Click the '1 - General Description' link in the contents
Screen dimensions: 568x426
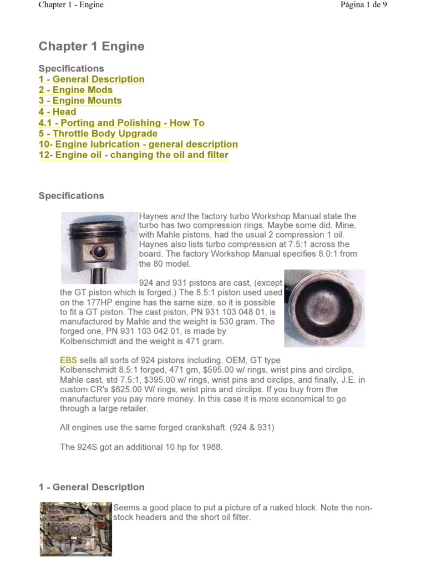92,79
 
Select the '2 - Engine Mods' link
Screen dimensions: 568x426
75,90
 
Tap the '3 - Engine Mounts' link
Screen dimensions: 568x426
80,101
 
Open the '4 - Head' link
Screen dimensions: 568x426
57,111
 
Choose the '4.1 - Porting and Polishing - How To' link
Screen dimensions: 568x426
121,123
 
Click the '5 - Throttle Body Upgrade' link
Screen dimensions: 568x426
98,134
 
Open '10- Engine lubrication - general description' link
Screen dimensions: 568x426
138,144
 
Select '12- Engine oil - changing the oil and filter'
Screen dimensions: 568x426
133,155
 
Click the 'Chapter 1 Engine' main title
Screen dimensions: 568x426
92,47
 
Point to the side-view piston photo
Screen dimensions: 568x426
99,244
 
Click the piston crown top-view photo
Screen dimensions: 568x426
324,308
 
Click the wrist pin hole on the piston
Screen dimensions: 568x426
100,252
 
